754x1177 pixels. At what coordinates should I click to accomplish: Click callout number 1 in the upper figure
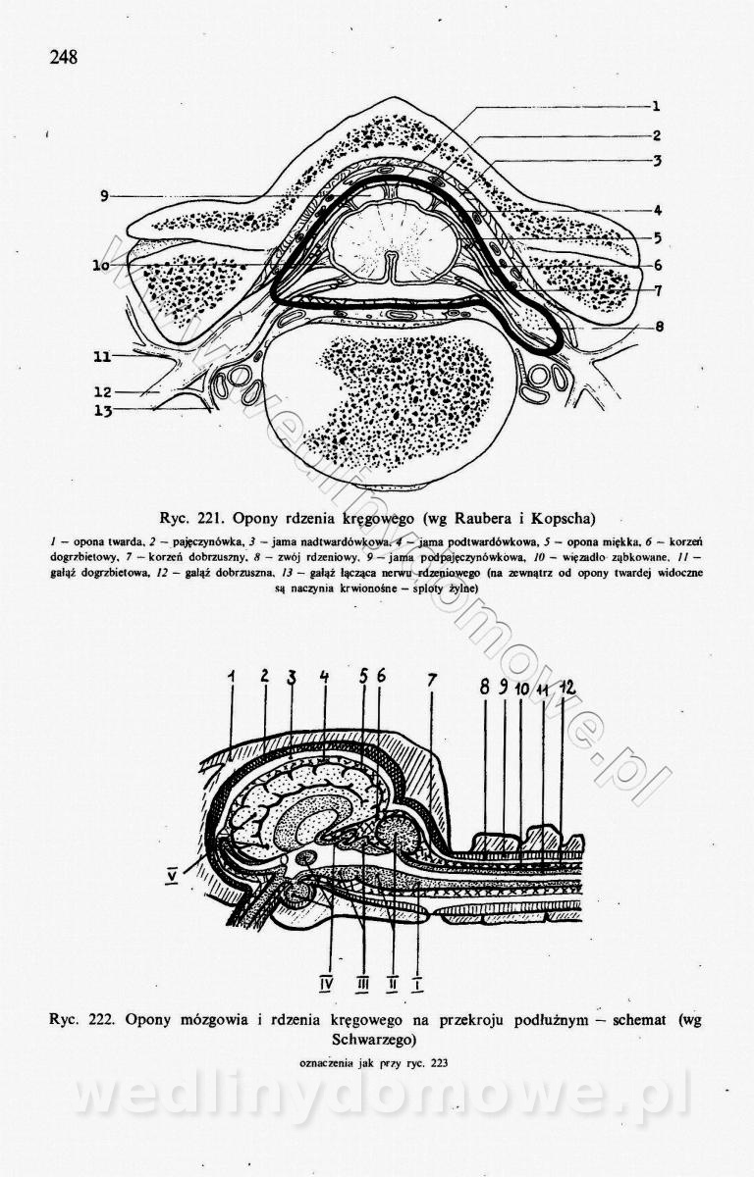[x=655, y=107]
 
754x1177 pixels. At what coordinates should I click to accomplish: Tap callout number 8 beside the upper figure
[x=660, y=328]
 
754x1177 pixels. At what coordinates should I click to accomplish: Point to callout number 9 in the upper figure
[x=103, y=196]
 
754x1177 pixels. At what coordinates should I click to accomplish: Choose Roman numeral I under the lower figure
[x=420, y=978]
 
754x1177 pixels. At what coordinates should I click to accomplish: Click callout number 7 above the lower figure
[x=431, y=680]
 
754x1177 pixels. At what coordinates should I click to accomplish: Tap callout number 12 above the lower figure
[x=565, y=688]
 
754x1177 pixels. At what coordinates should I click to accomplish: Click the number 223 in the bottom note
[x=435, y=1062]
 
